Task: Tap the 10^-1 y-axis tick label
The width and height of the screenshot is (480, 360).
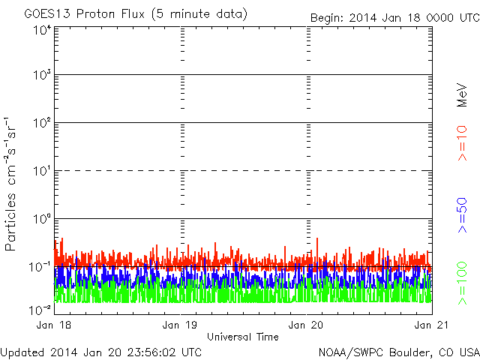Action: (40, 266)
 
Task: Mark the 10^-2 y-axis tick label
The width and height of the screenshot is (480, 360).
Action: (40, 309)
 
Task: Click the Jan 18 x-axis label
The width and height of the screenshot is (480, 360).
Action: (54, 325)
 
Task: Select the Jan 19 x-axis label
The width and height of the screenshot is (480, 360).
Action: (180, 325)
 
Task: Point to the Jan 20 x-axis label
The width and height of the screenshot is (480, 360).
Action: (306, 325)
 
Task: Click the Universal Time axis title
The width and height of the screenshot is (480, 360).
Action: (242, 337)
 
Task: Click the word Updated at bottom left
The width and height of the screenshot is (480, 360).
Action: (21, 352)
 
